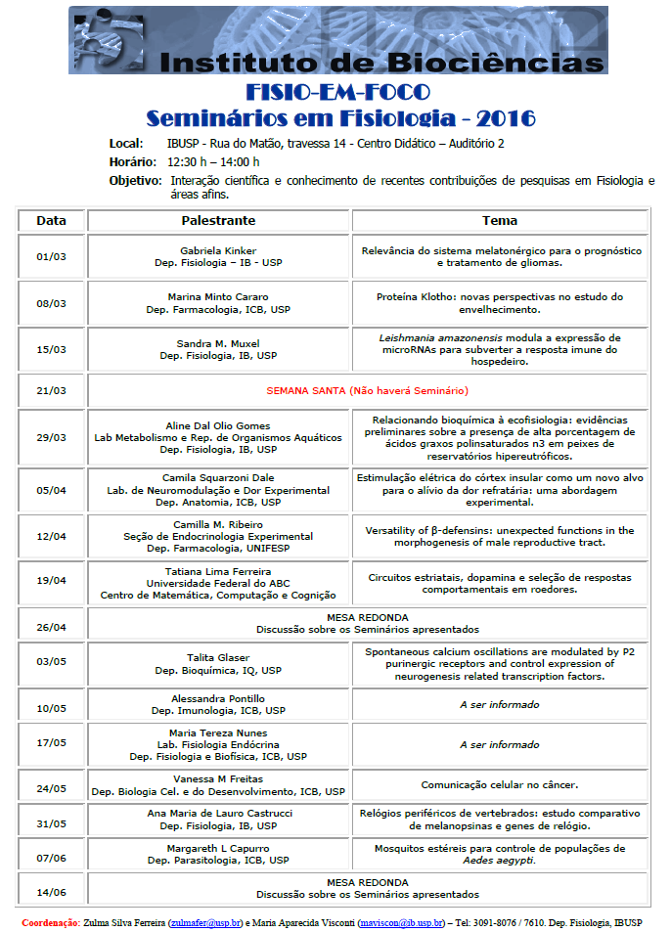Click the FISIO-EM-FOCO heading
338,93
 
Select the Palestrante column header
218,220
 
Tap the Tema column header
499,220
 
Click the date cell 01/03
51,257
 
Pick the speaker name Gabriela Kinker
218,251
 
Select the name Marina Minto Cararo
218,296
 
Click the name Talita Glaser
218,658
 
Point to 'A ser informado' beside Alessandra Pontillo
499,704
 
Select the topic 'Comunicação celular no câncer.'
499,784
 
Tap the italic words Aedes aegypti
499,861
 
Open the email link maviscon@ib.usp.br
401,922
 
